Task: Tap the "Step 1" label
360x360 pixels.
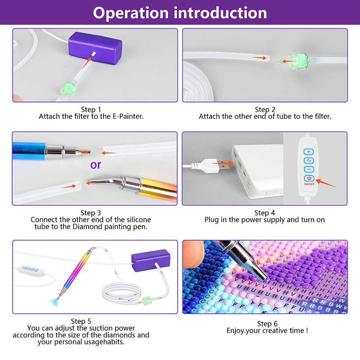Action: (x=91, y=109)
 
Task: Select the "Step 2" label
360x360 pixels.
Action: (x=265, y=109)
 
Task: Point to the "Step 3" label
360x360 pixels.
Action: (x=91, y=212)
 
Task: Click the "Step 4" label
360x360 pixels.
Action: (x=265, y=212)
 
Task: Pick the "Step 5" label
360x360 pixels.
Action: (x=81, y=321)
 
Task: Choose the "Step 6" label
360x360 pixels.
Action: (x=267, y=324)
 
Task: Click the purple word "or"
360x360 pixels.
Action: (x=96, y=165)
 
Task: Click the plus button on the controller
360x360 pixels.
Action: (x=308, y=152)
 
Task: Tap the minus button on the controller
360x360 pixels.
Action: (x=308, y=169)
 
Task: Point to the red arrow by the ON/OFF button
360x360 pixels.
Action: (x=326, y=182)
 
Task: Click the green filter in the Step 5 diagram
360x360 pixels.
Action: (x=145, y=301)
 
